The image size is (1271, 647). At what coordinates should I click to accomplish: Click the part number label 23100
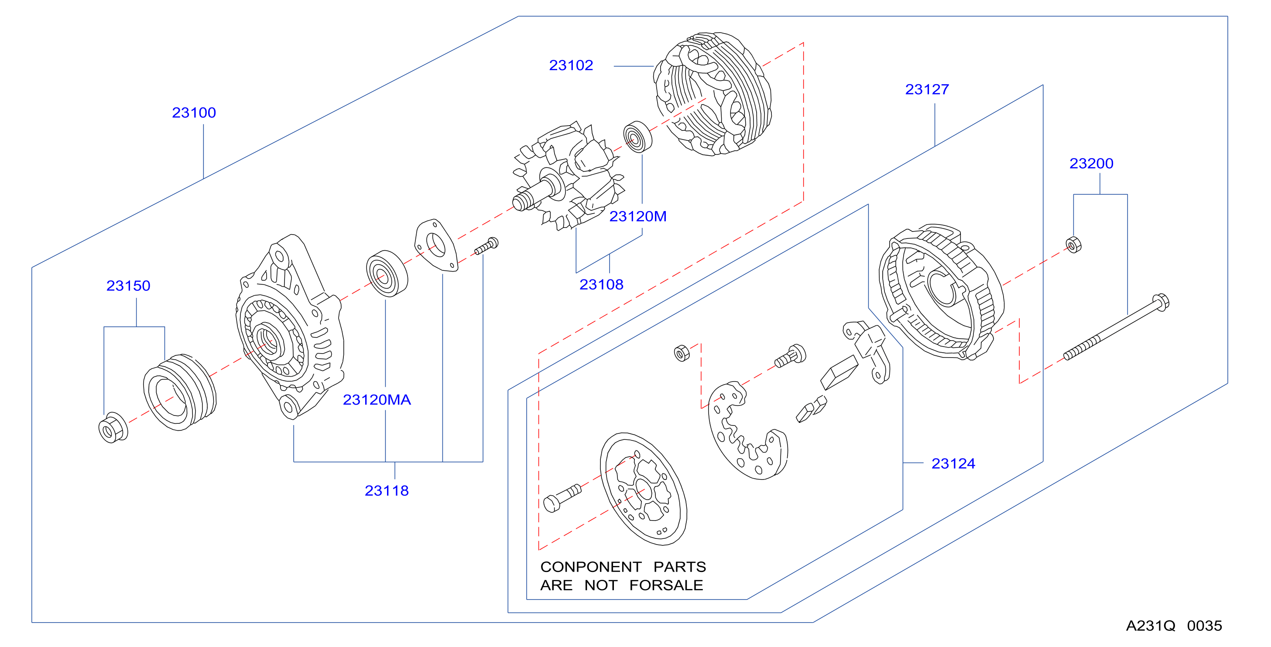194,113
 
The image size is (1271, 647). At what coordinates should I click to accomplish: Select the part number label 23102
571,65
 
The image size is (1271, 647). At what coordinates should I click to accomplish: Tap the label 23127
927,90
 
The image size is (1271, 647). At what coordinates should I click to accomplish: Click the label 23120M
638,217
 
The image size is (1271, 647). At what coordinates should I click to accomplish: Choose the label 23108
601,285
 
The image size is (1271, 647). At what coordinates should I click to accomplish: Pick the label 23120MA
377,400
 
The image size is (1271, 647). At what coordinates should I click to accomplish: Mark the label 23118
387,490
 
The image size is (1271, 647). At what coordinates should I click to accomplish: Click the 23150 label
128,286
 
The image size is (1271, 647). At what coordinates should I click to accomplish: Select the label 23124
953,463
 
